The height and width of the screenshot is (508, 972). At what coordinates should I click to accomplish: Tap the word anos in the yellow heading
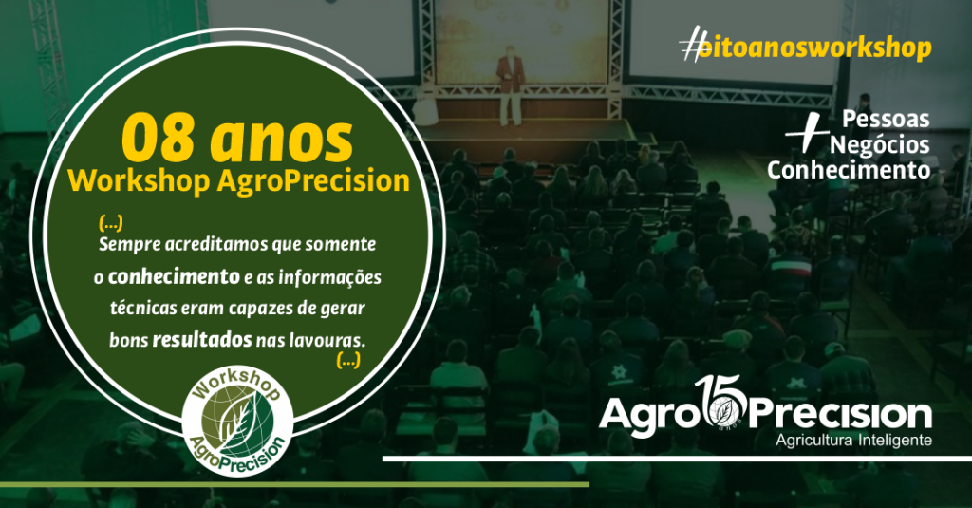click(x=281, y=141)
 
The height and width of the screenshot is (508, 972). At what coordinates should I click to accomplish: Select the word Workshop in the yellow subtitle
click(x=139, y=181)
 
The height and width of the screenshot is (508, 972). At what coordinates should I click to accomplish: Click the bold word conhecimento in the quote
click(x=175, y=276)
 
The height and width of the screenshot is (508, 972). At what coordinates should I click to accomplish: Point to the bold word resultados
click(x=202, y=340)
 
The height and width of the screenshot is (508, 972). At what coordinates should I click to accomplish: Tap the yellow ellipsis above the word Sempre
click(x=111, y=223)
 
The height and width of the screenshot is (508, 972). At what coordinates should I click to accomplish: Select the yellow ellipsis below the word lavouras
click(x=348, y=360)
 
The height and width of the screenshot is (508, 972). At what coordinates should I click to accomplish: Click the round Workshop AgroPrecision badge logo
click(x=237, y=421)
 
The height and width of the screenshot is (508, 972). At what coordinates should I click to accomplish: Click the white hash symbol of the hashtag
click(x=692, y=44)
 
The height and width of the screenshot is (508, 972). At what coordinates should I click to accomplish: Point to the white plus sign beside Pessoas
click(x=807, y=132)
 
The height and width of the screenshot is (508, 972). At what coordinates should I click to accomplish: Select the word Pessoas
click(x=886, y=119)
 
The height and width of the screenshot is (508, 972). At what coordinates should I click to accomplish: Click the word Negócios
click(x=880, y=144)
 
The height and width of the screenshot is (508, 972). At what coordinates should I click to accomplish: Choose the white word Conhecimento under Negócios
click(x=849, y=170)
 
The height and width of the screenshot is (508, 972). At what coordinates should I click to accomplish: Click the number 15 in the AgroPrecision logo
click(x=720, y=402)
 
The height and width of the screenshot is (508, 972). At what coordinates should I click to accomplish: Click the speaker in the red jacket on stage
click(x=511, y=85)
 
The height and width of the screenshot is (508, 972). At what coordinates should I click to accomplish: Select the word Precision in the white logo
click(x=841, y=415)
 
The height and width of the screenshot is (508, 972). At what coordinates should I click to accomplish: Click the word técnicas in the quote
click(x=143, y=309)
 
